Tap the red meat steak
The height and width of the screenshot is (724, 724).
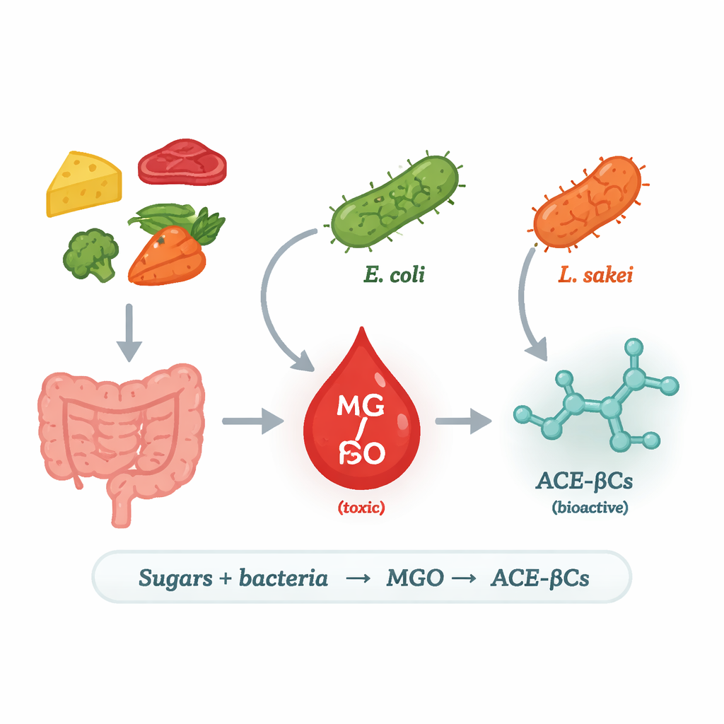point(182,161)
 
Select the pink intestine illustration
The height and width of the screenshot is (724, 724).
point(120,431)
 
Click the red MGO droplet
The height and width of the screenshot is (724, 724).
point(362,424)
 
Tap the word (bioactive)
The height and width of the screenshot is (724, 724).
point(589,508)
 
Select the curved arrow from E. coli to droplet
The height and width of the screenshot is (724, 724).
point(272,297)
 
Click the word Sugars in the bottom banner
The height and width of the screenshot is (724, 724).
point(175,578)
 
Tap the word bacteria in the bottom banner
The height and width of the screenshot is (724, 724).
point(283,578)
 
